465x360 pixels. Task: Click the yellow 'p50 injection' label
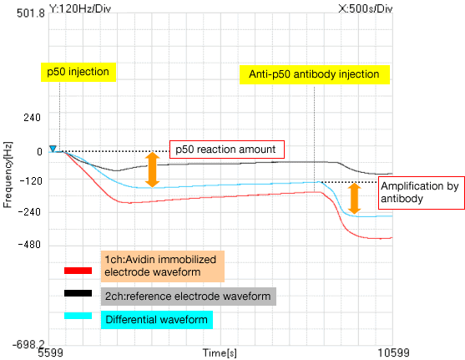[78, 72]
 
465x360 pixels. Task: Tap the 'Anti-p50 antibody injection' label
[315, 74]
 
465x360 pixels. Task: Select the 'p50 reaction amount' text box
[227, 150]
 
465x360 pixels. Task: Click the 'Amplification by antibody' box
[421, 193]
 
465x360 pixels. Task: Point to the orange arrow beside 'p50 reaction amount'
[153, 170]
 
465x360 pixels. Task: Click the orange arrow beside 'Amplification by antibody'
[354, 199]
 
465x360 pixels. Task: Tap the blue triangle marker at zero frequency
[53, 149]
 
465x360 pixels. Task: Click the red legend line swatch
[78, 271]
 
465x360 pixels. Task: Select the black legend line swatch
[78, 293]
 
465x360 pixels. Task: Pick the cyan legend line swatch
[78, 316]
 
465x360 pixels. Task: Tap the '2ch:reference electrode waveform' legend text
[189, 297]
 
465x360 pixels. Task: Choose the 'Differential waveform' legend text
[157, 320]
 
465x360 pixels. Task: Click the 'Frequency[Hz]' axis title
[8, 175]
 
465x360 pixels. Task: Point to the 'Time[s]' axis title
[220, 352]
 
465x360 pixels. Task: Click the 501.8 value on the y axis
[31, 13]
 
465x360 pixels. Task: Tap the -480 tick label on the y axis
[29, 245]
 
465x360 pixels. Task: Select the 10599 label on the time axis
[393, 352]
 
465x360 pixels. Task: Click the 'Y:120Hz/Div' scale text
[80, 8]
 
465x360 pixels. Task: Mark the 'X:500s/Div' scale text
[366, 8]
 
